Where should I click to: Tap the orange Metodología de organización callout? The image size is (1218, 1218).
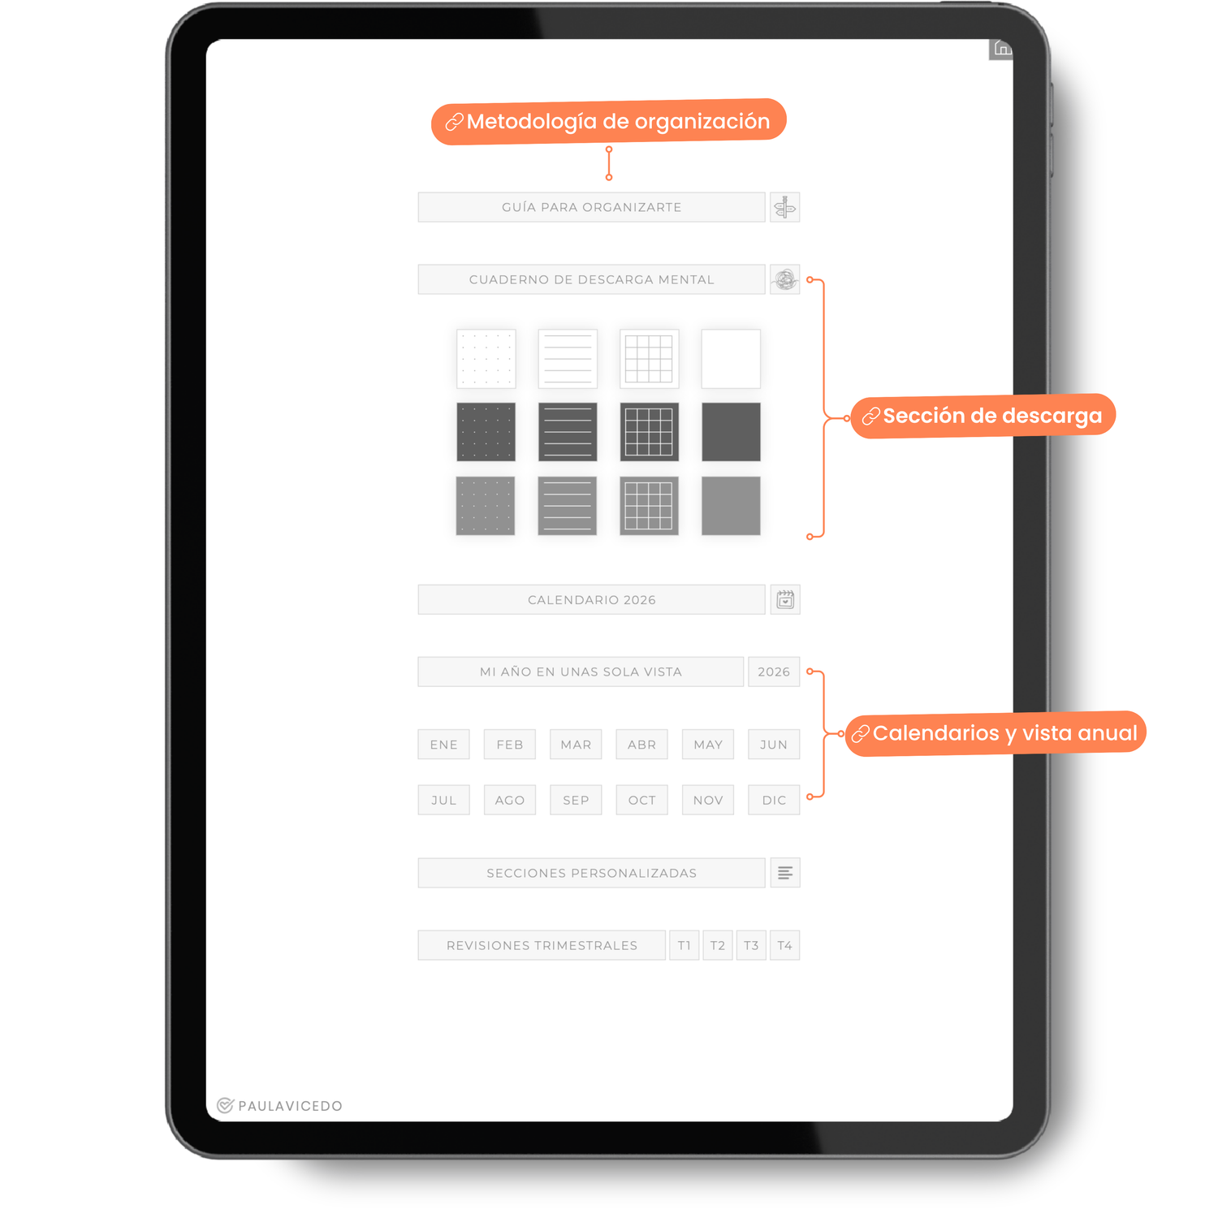click(x=609, y=122)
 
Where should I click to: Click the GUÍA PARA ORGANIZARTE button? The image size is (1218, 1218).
click(x=591, y=207)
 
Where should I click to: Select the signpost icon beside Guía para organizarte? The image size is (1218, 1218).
click(x=785, y=207)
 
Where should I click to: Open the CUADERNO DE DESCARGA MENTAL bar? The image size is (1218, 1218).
click(x=591, y=279)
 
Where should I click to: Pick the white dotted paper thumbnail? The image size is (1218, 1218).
click(x=486, y=358)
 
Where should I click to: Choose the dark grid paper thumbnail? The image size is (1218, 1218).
click(x=650, y=432)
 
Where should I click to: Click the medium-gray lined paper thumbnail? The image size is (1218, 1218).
click(x=568, y=506)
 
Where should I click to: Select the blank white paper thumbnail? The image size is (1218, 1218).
click(x=731, y=358)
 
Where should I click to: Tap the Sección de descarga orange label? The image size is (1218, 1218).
click(x=983, y=416)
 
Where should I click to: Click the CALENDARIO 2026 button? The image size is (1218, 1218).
click(x=591, y=600)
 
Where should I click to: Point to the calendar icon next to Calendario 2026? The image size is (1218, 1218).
click(x=785, y=600)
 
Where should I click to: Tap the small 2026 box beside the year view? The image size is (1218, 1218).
click(x=774, y=672)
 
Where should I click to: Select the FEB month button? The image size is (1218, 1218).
click(x=510, y=745)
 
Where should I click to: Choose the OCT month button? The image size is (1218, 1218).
click(x=642, y=800)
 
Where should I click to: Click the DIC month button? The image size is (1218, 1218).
click(x=774, y=800)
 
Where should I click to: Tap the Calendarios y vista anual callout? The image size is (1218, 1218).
click(x=996, y=733)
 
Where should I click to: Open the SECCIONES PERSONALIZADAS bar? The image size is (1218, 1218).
click(x=591, y=873)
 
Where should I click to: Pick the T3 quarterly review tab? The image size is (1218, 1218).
click(x=751, y=945)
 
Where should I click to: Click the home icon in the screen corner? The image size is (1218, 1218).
click(x=1002, y=49)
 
